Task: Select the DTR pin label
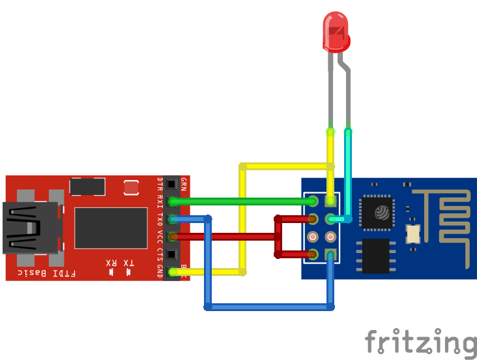click(160, 184)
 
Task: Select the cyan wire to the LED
click(349, 176)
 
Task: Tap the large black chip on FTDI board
click(111, 228)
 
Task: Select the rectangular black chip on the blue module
click(376, 256)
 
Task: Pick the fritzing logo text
click(420, 342)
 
